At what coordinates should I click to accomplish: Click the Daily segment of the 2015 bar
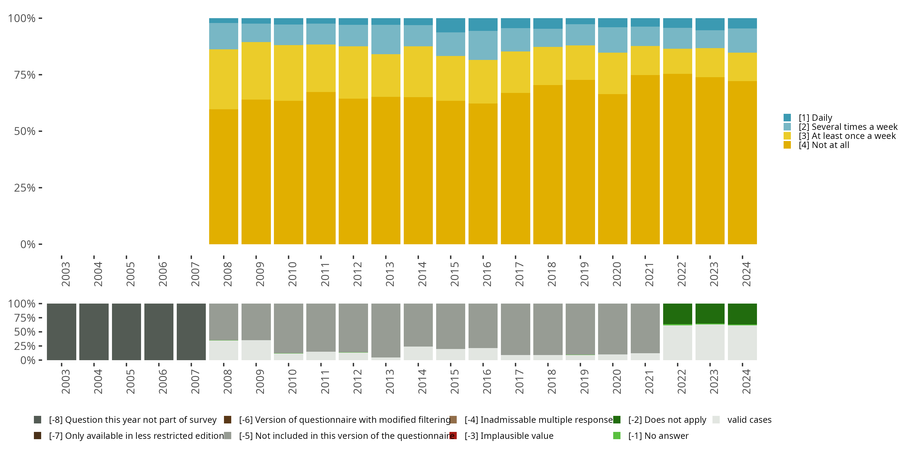click(450, 25)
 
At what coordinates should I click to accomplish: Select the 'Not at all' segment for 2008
click(223, 176)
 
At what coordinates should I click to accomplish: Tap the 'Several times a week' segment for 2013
click(386, 39)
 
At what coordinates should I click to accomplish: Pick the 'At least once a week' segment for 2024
click(742, 67)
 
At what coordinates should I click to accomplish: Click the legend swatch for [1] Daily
click(787, 117)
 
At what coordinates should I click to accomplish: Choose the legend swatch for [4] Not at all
click(787, 145)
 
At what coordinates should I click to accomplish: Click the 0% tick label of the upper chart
click(28, 244)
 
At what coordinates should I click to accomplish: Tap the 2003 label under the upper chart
click(66, 274)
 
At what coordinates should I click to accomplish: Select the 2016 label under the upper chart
click(487, 274)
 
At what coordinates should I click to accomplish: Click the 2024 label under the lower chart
click(746, 382)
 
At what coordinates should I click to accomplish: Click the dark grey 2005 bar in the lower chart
click(127, 332)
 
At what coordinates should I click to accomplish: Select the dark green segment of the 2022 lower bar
click(677, 313)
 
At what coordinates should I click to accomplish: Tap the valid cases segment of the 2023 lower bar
click(710, 342)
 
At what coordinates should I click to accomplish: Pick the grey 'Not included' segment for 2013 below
click(386, 330)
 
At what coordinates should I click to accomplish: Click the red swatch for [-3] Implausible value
click(453, 436)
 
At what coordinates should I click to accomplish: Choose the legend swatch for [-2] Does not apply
click(617, 419)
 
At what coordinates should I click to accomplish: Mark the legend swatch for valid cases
click(716, 419)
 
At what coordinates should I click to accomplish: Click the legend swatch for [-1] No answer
click(617, 436)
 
